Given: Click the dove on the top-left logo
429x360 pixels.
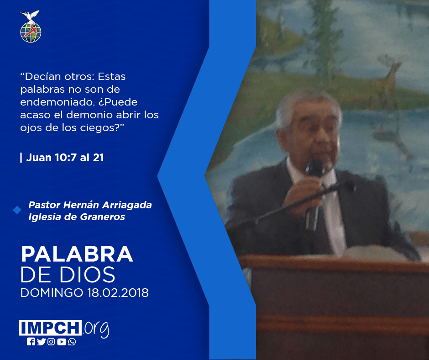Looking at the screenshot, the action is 30,16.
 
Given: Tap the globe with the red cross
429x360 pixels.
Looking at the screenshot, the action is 31,32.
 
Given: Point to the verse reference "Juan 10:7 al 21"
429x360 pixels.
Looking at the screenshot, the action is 65,158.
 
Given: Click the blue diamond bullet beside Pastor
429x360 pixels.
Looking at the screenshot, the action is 17,210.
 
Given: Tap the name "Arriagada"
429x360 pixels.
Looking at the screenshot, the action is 128,205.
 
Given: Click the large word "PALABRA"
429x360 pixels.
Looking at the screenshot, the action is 77,254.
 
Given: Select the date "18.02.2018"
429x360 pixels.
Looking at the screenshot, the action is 118,292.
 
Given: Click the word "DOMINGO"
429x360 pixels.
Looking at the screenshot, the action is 52,292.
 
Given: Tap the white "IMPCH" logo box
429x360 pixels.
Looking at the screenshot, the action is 50,328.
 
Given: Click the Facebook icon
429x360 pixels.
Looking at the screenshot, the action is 31,342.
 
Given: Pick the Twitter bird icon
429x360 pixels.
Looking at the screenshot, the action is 42,342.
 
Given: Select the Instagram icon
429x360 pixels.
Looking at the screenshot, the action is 51,342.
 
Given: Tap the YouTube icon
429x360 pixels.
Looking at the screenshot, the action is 62,342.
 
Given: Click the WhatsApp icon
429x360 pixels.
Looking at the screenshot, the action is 72,342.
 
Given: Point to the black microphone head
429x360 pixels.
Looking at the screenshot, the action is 315,167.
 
